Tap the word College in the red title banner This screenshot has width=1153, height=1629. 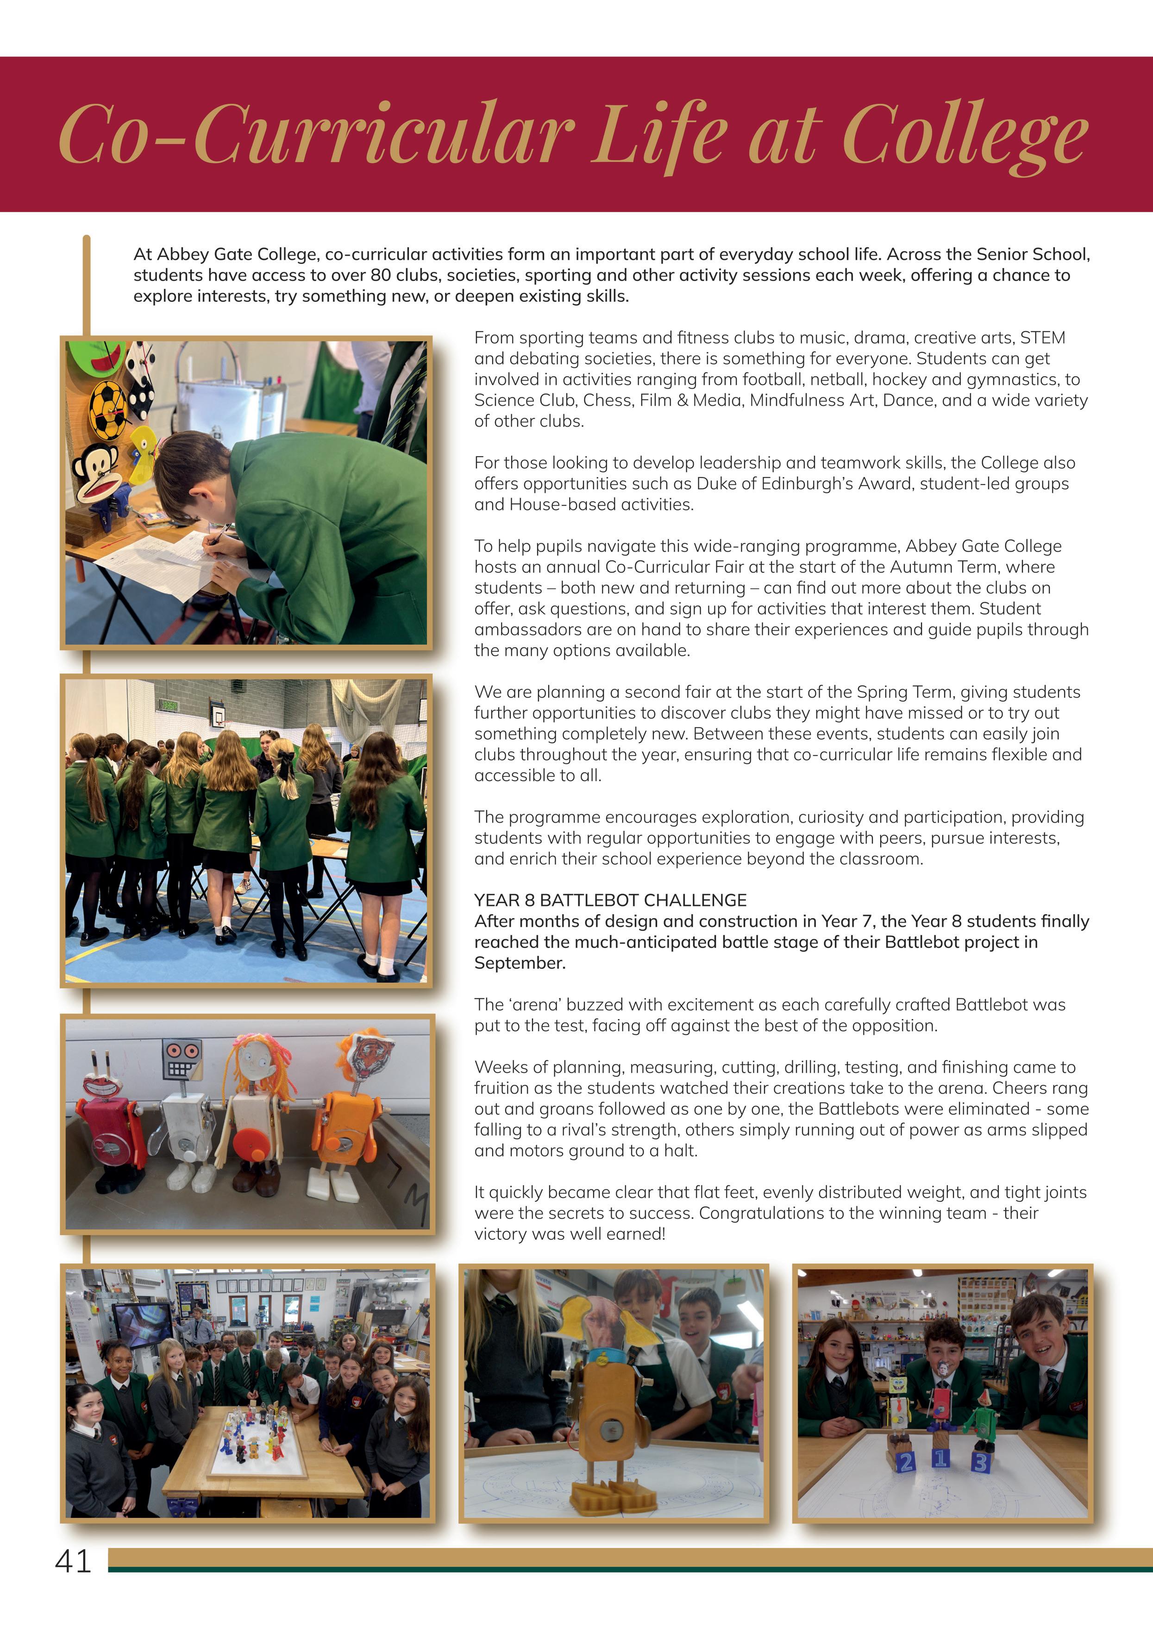[965, 135]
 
